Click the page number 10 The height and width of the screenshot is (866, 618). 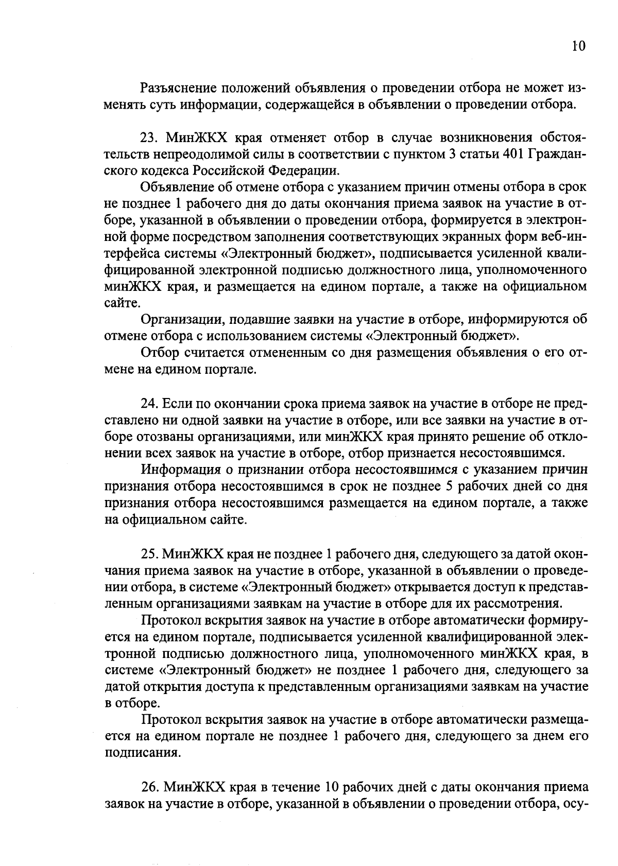[x=578, y=46]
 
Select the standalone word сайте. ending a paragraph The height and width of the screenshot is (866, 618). [x=119, y=303]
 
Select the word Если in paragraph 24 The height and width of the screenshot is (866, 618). [x=175, y=404]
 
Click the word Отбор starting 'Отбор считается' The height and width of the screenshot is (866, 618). [x=159, y=353]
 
